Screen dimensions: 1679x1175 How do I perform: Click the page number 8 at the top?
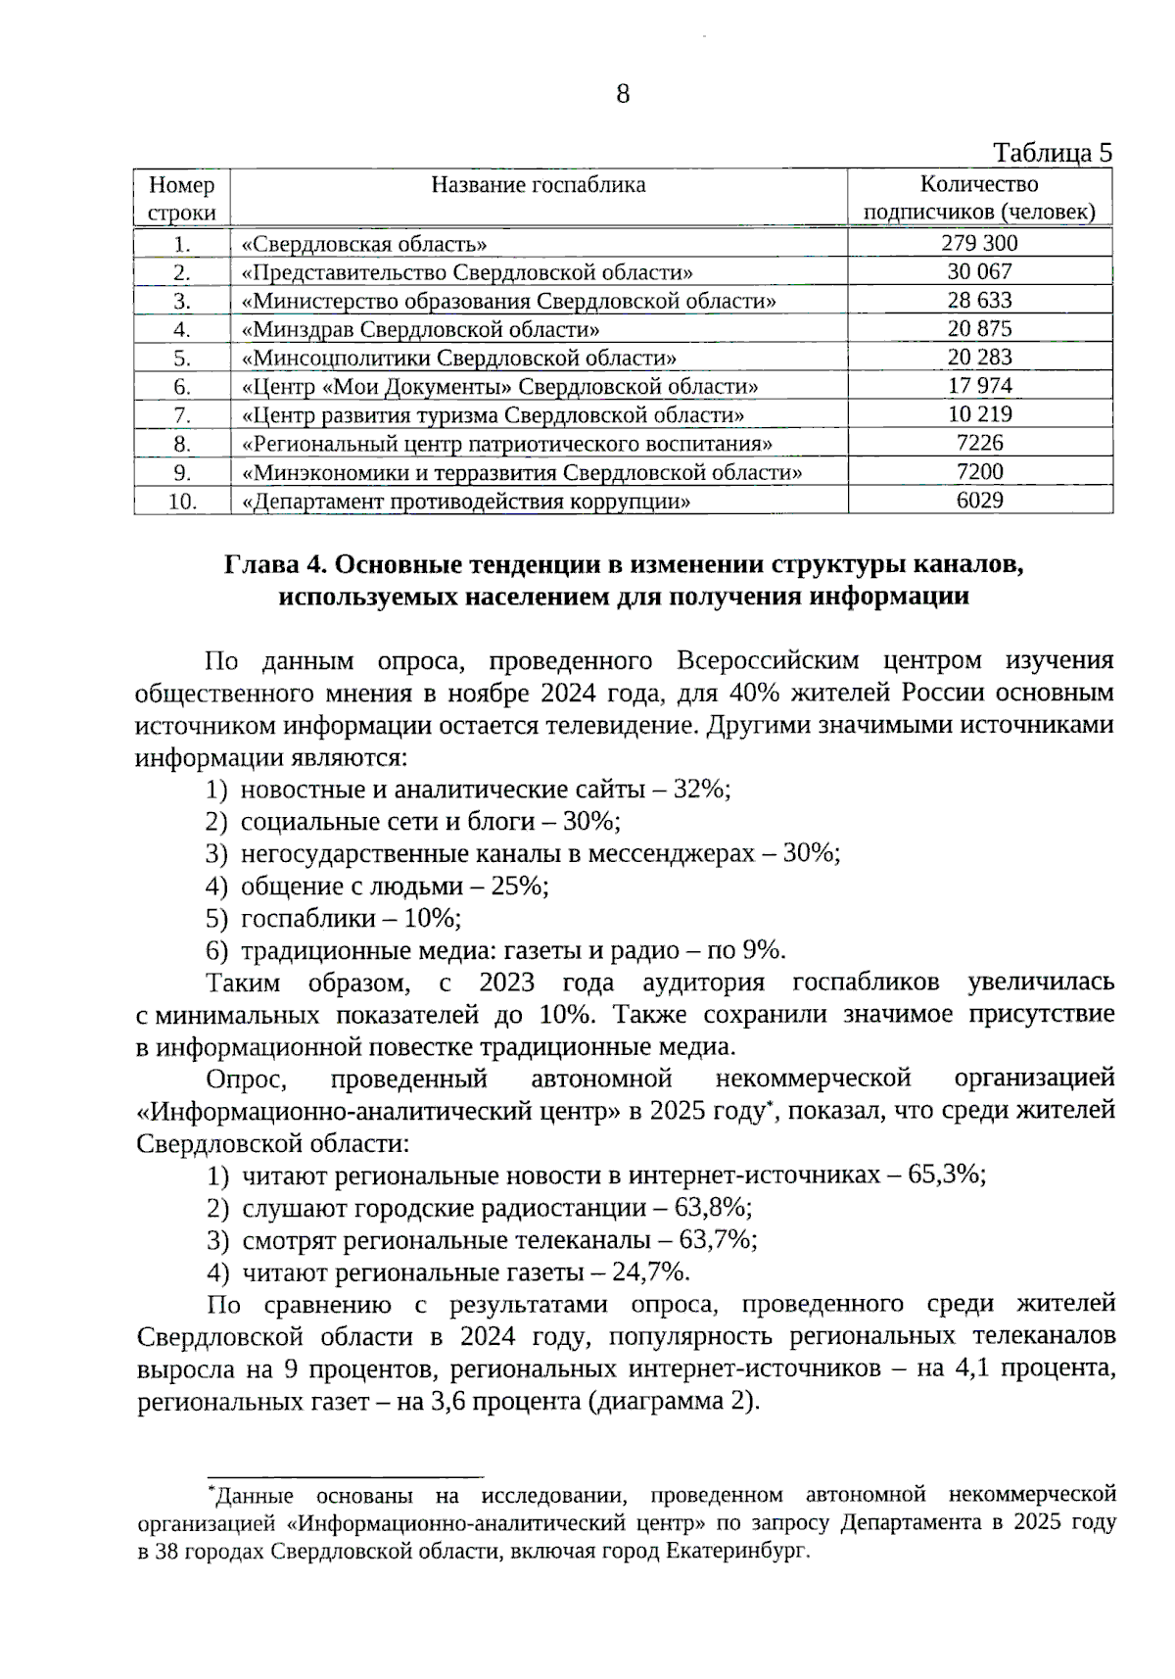point(623,95)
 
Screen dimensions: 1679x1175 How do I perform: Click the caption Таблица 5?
point(1053,153)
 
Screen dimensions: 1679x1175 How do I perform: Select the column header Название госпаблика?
point(539,185)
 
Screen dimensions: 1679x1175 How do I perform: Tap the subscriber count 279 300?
point(979,243)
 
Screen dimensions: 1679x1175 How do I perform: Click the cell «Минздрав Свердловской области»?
point(420,329)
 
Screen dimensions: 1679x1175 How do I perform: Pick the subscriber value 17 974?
point(979,386)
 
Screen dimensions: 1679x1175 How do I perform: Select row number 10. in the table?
point(182,502)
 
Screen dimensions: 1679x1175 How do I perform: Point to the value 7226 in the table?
point(979,443)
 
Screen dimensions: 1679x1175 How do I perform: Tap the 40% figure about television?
point(754,693)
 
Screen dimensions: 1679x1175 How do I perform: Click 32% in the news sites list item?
point(702,790)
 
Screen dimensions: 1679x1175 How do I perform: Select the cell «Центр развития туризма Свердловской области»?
point(493,415)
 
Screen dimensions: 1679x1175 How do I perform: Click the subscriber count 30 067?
point(979,271)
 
